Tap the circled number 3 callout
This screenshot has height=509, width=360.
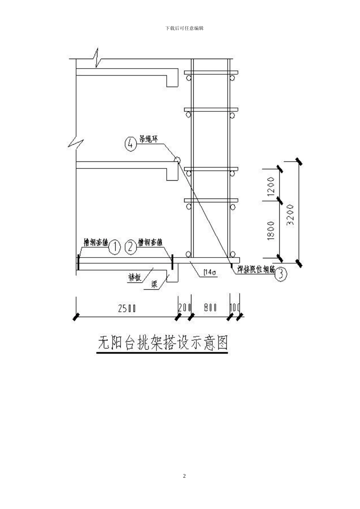click(280, 273)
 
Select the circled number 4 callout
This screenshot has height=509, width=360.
click(130, 144)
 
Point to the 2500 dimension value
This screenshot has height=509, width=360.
click(127, 308)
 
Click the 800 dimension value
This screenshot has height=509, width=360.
click(210, 308)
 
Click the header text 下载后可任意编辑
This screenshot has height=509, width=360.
click(185, 28)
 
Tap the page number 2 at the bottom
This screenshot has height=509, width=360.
click(185, 476)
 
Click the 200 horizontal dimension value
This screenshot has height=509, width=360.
click(185, 308)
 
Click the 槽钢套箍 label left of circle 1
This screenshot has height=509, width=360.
click(96, 243)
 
